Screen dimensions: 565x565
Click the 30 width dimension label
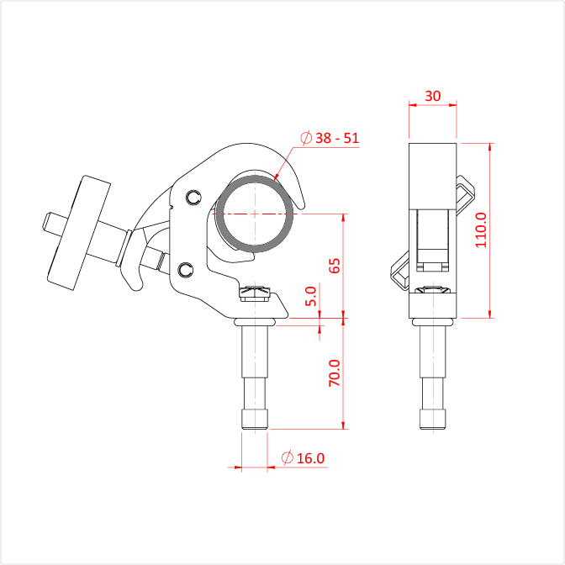pyautogui.click(x=432, y=96)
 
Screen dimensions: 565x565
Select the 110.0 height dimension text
pyautogui.click(x=481, y=230)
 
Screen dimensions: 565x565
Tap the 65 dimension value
pyautogui.click(x=335, y=266)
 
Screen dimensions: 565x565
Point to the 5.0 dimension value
pyautogui.click(x=310, y=296)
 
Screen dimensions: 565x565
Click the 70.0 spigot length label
pyautogui.click(x=335, y=373)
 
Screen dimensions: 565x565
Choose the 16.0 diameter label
pyautogui.click(x=310, y=458)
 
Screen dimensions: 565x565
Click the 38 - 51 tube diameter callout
pyautogui.click(x=337, y=138)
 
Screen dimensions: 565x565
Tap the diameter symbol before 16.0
pyautogui.click(x=288, y=457)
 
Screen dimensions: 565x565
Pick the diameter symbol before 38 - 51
pyautogui.click(x=306, y=138)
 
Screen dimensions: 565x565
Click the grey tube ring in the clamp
pyautogui.click(x=255, y=214)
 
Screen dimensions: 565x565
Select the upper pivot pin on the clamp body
pyautogui.click(x=194, y=197)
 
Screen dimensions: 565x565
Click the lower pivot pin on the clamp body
pyautogui.click(x=186, y=270)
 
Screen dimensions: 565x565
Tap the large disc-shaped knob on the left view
pyautogui.click(x=79, y=233)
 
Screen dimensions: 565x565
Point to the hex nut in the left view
pyautogui.click(x=255, y=293)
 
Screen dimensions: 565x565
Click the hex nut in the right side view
pyautogui.click(x=433, y=290)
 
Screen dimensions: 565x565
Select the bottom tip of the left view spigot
pyautogui.click(x=255, y=429)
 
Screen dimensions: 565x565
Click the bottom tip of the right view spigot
pyautogui.click(x=433, y=429)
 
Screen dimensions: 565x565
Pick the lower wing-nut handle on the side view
pyautogui.click(x=400, y=271)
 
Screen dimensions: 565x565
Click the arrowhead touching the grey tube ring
pyautogui.click(x=277, y=177)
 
